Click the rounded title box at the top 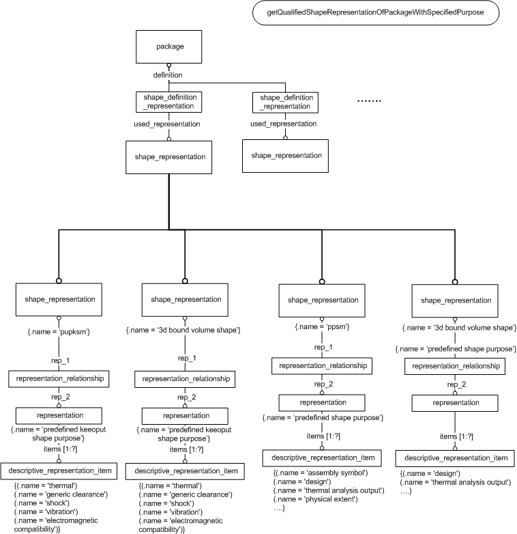coord(376,12)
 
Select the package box coord(168,46)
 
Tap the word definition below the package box coord(168,75)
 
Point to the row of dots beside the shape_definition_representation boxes coord(369,101)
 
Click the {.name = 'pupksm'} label coord(59,332)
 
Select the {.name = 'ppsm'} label coord(322,326)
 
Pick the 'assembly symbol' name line coord(321,473)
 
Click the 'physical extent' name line coord(315,499)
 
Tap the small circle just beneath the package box coord(168,66)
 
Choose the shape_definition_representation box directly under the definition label coord(168,102)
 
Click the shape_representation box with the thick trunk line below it coord(168,157)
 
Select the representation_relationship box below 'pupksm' coord(59,379)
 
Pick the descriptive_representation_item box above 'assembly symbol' coord(322,458)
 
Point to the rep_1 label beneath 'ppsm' coord(323,348)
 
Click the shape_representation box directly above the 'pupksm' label coord(59,299)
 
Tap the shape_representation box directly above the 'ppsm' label coord(322,300)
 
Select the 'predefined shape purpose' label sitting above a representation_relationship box coord(456,349)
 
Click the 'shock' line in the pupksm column coord(42,503)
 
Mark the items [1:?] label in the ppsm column coord(323,436)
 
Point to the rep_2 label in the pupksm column coord(61,397)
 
